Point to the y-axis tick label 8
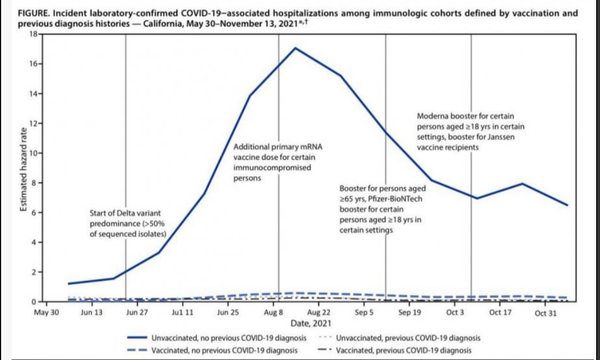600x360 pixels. [33, 183]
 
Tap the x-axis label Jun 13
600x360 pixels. [91, 313]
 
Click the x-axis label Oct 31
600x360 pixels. [546, 313]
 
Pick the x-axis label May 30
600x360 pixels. [46, 313]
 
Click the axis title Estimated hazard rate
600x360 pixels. [24, 168]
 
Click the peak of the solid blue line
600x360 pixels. [295, 48]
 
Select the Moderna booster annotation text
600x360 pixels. [470, 132]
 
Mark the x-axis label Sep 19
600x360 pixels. [409, 313]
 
